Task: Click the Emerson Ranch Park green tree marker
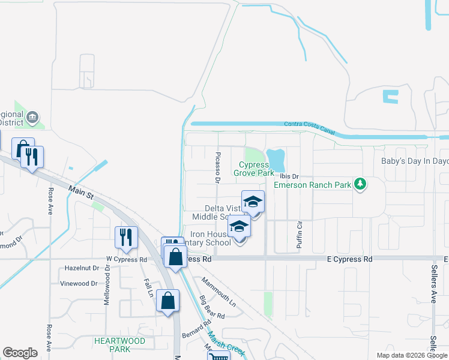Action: pyautogui.click(x=360, y=184)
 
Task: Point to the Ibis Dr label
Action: pyautogui.click(x=289, y=176)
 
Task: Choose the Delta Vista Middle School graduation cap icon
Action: pyautogui.click(x=253, y=202)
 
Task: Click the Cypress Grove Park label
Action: pyautogui.click(x=257, y=169)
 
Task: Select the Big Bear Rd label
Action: pyautogui.click(x=212, y=307)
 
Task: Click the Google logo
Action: pyautogui.click(x=20, y=352)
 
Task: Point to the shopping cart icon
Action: pyautogui.click(x=218, y=356)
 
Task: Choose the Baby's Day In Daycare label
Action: pyautogui.click(x=415, y=161)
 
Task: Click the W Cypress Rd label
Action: pyautogui.click(x=127, y=260)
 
